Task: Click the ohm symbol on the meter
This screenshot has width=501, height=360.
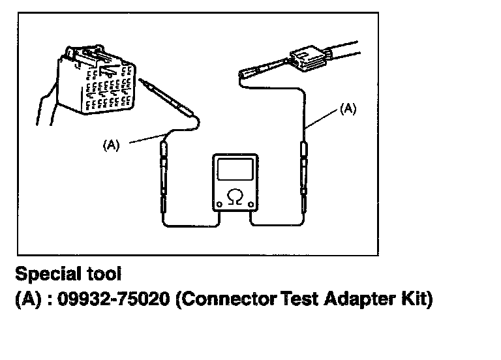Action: [235, 196]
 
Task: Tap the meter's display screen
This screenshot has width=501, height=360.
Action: [235, 170]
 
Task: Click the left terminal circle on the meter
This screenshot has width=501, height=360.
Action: [219, 204]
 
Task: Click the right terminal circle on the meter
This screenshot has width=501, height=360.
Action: [251, 204]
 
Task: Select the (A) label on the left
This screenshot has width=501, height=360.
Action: [111, 145]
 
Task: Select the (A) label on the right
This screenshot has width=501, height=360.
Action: [348, 109]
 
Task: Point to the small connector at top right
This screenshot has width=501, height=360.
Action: [309, 59]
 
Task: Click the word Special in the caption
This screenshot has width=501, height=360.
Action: [48, 274]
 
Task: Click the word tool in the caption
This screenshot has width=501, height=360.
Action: [104, 274]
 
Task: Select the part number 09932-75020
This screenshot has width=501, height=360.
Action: [114, 299]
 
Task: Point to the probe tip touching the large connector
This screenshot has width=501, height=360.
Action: [140, 79]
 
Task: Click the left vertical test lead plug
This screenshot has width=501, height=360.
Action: [164, 177]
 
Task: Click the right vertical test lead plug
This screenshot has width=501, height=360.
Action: [303, 177]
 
